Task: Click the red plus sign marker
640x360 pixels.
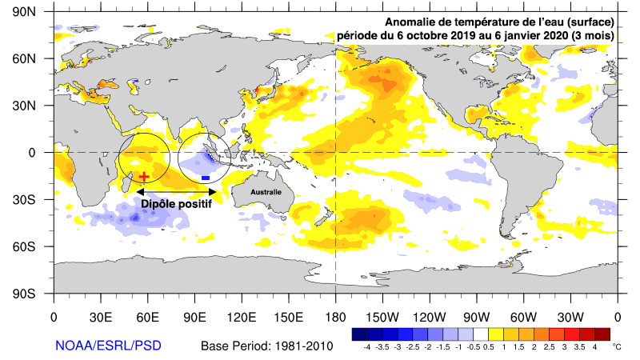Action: point(144,177)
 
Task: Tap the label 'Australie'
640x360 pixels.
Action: point(266,193)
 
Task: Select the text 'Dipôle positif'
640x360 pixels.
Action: point(177,205)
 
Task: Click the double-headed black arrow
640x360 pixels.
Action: point(177,192)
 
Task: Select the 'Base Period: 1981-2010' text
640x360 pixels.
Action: point(266,346)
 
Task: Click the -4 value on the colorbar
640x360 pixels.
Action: point(367,348)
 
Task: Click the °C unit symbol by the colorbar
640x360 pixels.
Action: point(616,347)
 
